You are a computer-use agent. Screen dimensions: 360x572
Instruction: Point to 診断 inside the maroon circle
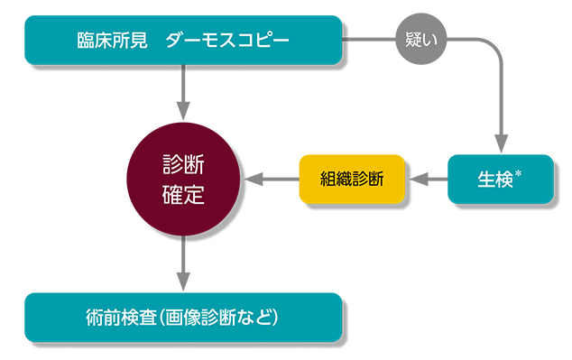pos(183,164)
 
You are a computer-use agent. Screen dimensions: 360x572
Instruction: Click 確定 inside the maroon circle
pos(183,194)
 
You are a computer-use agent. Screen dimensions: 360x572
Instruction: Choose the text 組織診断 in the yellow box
pos(352,179)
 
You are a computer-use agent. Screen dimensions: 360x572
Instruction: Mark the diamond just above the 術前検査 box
pos(183,263)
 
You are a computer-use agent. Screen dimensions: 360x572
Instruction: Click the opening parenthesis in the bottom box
pos(170,318)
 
